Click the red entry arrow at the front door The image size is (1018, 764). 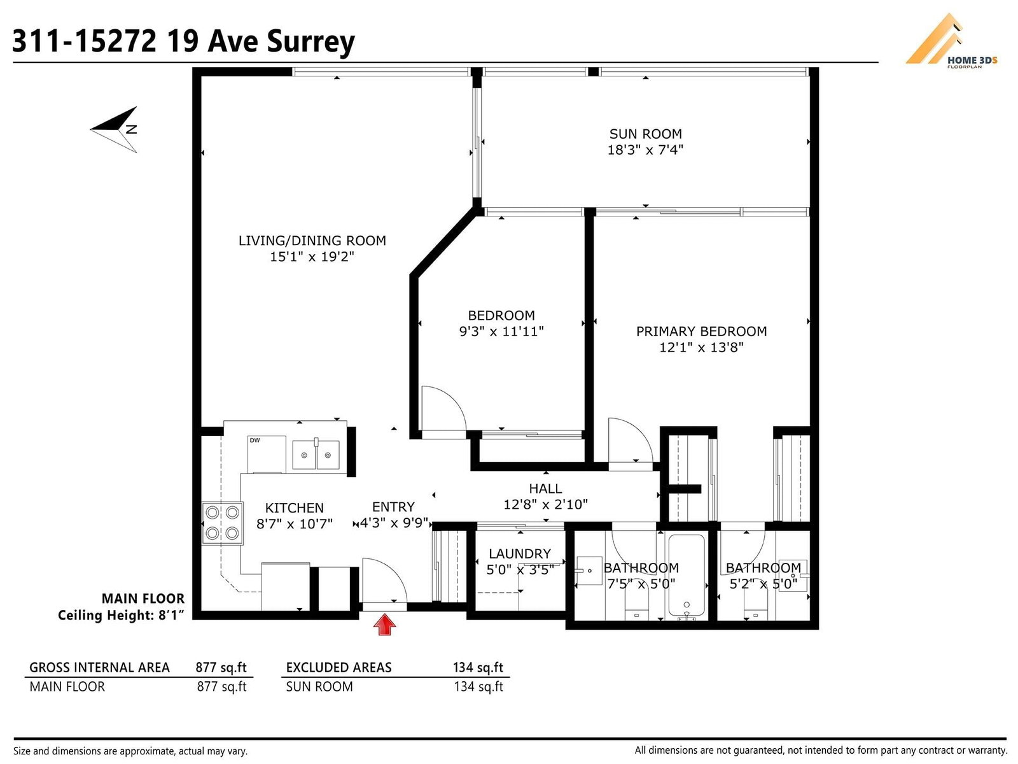point(384,624)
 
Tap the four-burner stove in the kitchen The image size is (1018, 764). point(222,523)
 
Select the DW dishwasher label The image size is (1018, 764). point(254,440)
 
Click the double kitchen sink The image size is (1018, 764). point(316,455)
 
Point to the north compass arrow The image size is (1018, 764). point(114,129)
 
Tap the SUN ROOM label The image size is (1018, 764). point(646,134)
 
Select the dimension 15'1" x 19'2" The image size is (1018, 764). point(312,257)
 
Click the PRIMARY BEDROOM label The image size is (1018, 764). point(701,331)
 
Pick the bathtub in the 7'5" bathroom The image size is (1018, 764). point(687,577)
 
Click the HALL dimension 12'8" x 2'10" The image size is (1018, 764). point(545,504)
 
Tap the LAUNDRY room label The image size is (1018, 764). point(519,553)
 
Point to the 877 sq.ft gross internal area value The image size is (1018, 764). point(221,667)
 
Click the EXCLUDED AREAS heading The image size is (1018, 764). point(338,667)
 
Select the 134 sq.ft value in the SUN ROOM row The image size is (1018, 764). point(478,686)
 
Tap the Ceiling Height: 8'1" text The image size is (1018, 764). point(121,616)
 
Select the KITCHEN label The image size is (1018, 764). point(295,508)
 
